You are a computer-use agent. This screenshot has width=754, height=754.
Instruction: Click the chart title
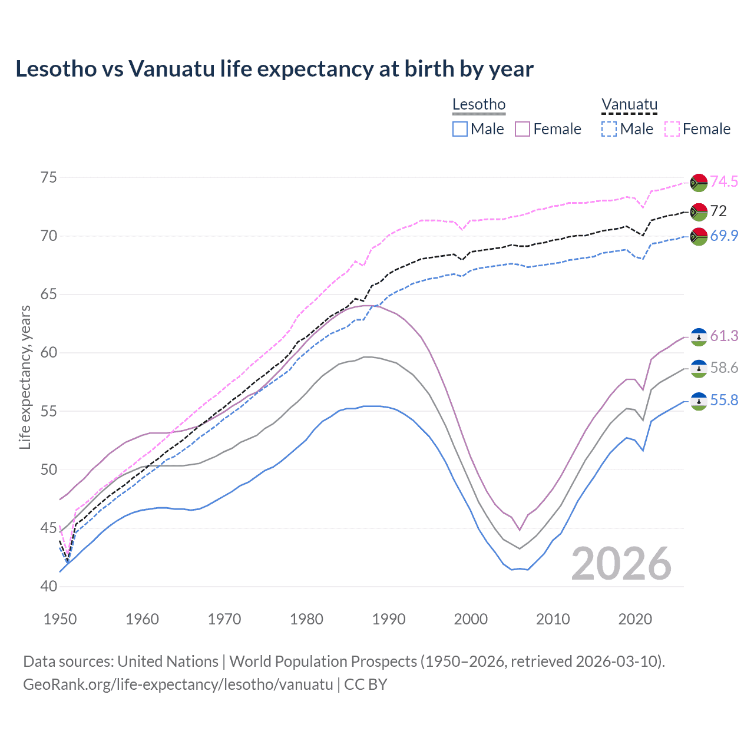point(275,69)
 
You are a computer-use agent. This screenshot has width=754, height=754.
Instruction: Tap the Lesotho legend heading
point(479,105)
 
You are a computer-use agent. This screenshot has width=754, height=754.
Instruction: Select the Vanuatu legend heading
point(629,105)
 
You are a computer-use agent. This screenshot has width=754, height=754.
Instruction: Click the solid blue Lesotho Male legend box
point(460,129)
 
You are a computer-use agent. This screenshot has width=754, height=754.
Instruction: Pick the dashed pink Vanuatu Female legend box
point(672,129)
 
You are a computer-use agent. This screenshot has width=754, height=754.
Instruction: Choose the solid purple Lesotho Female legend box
point(522,129)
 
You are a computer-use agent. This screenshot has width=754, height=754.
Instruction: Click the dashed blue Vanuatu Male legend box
point(609,129)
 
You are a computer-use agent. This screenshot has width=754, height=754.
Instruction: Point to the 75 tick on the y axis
point(48,178)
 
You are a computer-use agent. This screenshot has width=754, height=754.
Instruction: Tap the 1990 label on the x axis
point(389,619)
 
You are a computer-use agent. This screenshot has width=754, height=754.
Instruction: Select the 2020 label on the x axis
point(635,619)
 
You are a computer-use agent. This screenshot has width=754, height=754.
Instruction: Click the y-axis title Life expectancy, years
point(25,377)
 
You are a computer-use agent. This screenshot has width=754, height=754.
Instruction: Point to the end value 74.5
point(724,181)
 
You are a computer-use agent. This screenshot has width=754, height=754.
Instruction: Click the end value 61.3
point(724,336)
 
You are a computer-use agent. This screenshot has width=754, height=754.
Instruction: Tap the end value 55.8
point(724,401)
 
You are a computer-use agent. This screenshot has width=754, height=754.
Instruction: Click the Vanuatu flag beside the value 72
point(699,211)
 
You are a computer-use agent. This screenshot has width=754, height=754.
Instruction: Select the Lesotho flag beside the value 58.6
point(699,368)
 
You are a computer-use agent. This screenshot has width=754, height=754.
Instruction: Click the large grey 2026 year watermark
point(621,564)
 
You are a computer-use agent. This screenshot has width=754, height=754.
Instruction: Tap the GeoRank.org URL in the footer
point(178,684)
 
